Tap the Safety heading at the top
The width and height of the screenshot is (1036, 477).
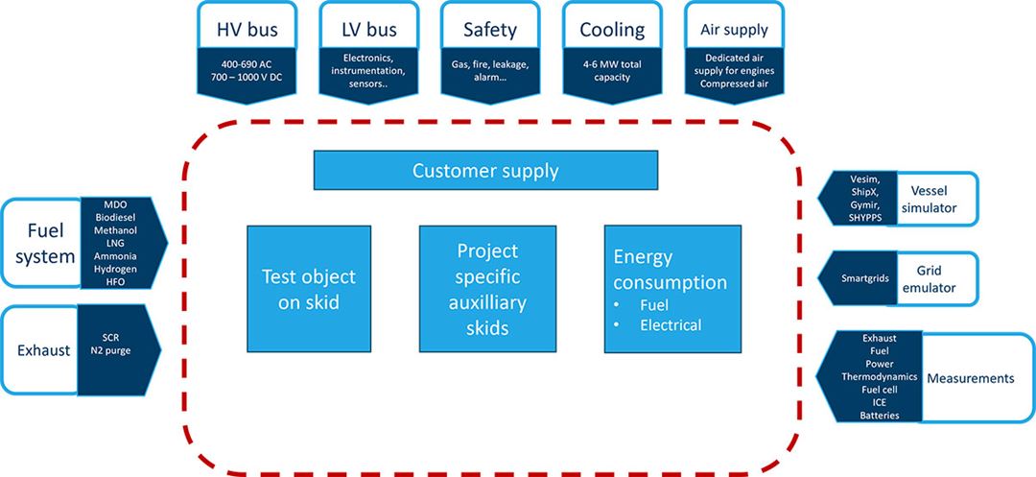click(490, 29)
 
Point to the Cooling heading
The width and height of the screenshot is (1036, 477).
click(612, 29)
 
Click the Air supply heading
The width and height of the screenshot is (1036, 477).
click(732, 30)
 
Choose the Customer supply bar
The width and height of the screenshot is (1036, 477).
click(485, 171)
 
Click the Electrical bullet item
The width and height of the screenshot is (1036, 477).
click(671, 324)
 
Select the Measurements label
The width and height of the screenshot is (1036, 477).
click(969, 378)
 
